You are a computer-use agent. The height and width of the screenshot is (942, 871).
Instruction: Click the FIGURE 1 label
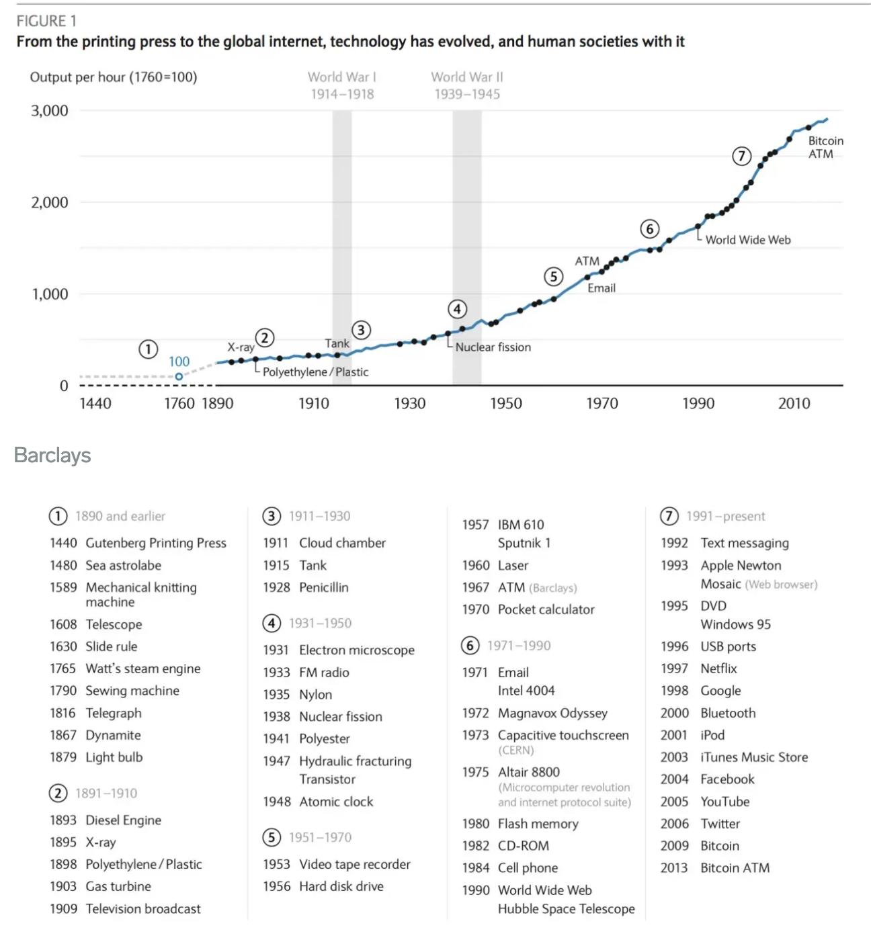(x=46, y=21)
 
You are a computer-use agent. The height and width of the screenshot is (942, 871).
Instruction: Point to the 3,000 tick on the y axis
(x=50, y=111)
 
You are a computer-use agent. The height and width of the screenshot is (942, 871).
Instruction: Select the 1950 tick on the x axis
(x=505, y=403)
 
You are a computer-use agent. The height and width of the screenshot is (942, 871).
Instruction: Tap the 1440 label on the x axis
(x=95, y=403)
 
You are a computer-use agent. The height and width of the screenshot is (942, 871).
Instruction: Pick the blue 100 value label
(x=179, y=361)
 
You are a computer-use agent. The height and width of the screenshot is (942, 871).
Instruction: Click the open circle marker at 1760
(x=179, y=377)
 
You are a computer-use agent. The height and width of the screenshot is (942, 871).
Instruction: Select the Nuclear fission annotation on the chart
(x=493, y=347)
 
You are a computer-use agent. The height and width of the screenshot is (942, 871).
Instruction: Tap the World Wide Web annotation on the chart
(x=747, y=240)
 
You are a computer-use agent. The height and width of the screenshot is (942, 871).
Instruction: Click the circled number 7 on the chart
(x=741, y=157)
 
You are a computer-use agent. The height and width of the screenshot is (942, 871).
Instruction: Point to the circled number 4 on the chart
(x=458, y=309)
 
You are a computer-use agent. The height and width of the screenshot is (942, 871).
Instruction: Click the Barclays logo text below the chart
(x=52, y=456)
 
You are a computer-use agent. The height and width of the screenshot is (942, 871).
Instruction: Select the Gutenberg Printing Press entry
(x=155, y=543)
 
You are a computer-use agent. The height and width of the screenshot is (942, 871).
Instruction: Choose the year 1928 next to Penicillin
(x=276, y=587)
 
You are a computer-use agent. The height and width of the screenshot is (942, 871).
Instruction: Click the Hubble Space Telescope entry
(x=566, y=909)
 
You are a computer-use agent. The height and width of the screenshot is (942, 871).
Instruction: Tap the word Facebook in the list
(x=727, y=779)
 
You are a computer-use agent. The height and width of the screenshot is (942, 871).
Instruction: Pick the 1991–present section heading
(x=725, y=516)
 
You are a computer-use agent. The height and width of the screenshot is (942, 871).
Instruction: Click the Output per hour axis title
(x=114, y=77)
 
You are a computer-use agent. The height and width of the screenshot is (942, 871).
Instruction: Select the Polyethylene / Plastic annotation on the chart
(x=315, y=372)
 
